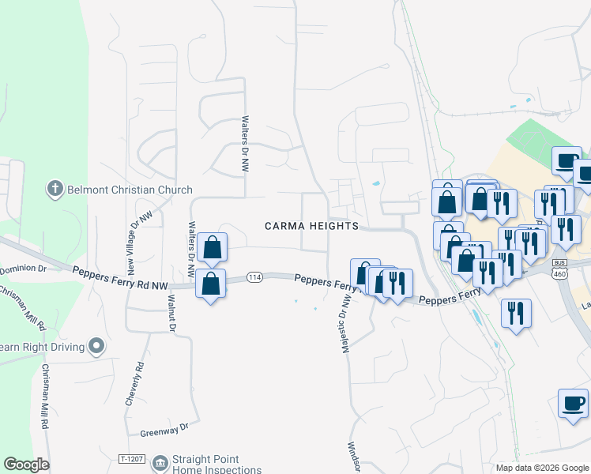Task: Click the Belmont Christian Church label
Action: [x=130, y=190]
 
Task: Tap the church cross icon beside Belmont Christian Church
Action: [x=55, y=189]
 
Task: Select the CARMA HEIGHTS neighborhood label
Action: [x=311, y=226]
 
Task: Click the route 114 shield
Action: [x=254, y=276]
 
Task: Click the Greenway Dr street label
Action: [x=164, y=429]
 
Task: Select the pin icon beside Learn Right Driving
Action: [x=96, y=346]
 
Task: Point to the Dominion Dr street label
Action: [x=24, y=269]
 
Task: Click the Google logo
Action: [x=26, y=465]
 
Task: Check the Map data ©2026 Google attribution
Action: [x=541, y=468]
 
